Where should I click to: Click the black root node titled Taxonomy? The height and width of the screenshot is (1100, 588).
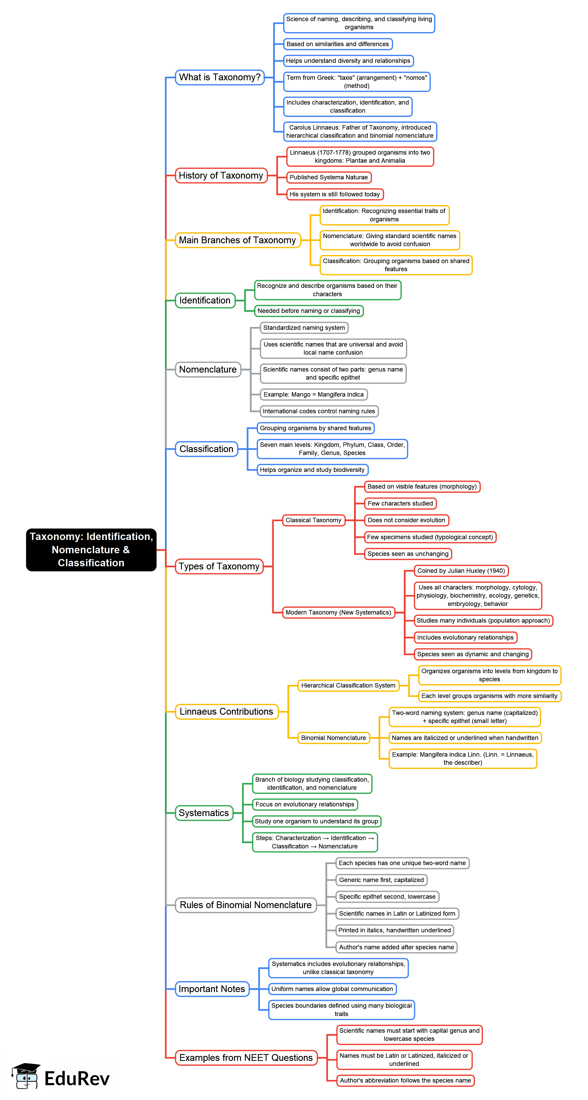tap(91, 550)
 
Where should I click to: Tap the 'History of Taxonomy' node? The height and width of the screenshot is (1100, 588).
tap(221, 175)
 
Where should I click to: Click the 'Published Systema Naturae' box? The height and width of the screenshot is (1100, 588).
tap(328, 177)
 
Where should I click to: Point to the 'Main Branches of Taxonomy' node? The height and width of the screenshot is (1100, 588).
tap(237, 240)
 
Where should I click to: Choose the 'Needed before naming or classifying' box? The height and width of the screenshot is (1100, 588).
tap(308, 311)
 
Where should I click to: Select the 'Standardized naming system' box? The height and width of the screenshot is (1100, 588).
tap(304, 327)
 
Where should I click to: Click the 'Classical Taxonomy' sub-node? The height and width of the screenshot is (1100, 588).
tap(313, 520)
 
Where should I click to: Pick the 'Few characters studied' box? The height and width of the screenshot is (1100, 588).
tap(400, 503)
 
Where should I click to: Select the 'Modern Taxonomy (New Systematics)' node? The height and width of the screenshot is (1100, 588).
tap(338, 612)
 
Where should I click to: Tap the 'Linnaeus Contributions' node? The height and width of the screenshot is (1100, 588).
tap(226, 712)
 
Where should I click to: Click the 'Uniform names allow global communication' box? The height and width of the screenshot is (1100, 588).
tap(332, 989)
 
